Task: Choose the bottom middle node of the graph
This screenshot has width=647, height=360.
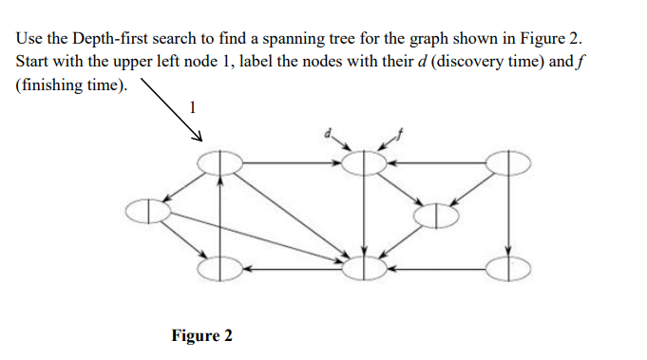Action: click(363, 269)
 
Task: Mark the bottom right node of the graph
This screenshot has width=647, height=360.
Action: click(509, 269)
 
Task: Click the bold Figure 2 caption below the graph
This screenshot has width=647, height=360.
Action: click(201, 336)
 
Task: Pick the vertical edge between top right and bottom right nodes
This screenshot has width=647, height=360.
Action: click(510, 216)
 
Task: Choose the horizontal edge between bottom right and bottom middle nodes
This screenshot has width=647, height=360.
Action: click(437, 269)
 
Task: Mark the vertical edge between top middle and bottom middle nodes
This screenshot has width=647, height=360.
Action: click(363, 216)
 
